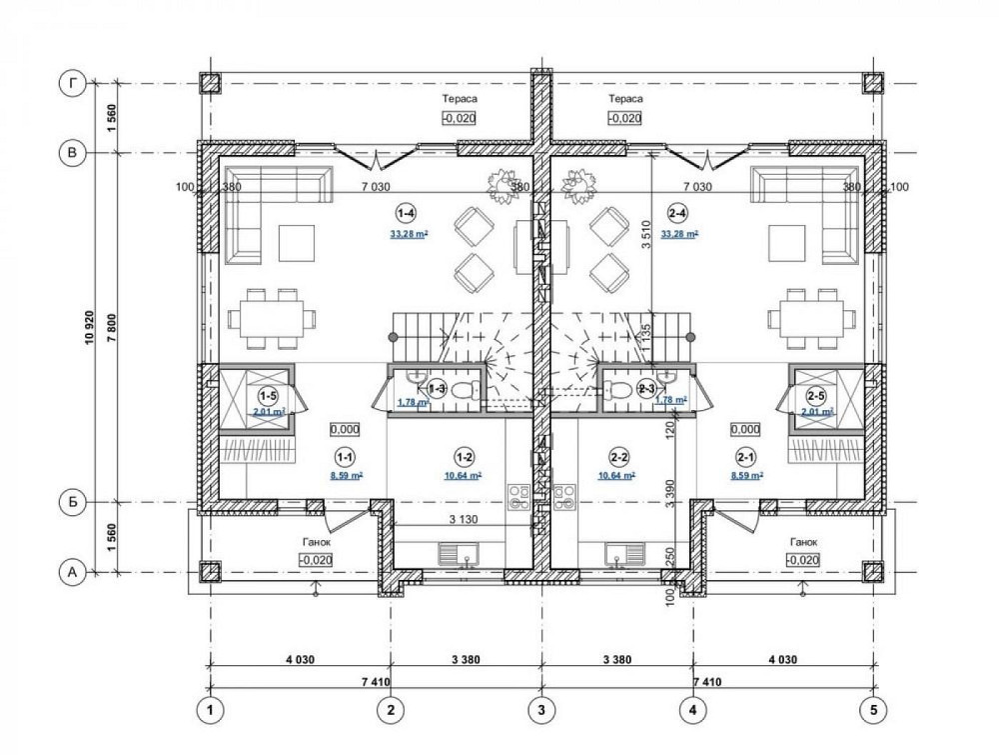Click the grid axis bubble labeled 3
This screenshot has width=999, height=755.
(x=541, y=710)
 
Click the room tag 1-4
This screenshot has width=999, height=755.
(x=406, y=213)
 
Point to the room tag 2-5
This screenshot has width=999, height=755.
(x=816, y=395)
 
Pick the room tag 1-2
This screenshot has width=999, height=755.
(x=463, y=458)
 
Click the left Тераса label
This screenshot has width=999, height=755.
(x=460, y=100)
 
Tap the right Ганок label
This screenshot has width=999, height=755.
(x=803, y=542)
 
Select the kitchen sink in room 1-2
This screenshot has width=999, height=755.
(x=462, y=553)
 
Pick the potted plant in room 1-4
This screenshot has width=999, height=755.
(x=499, y=185)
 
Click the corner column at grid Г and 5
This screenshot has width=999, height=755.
(x=875, y=84)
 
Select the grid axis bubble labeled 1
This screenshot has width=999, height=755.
(x=210, y=710)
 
